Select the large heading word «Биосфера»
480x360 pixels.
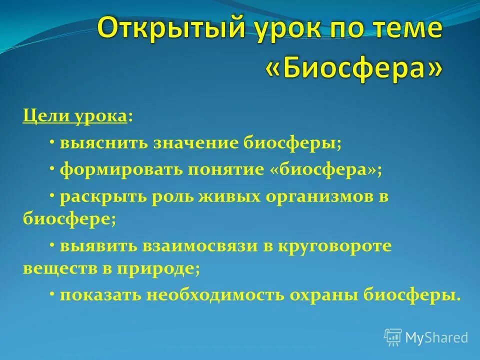pos(353,69)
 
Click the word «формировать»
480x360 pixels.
pos(120,170)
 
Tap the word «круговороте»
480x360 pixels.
pos(333,246)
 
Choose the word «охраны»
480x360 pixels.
pos(324,295)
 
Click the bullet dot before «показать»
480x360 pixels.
pos(52,293)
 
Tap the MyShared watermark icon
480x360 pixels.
pos(393,337)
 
